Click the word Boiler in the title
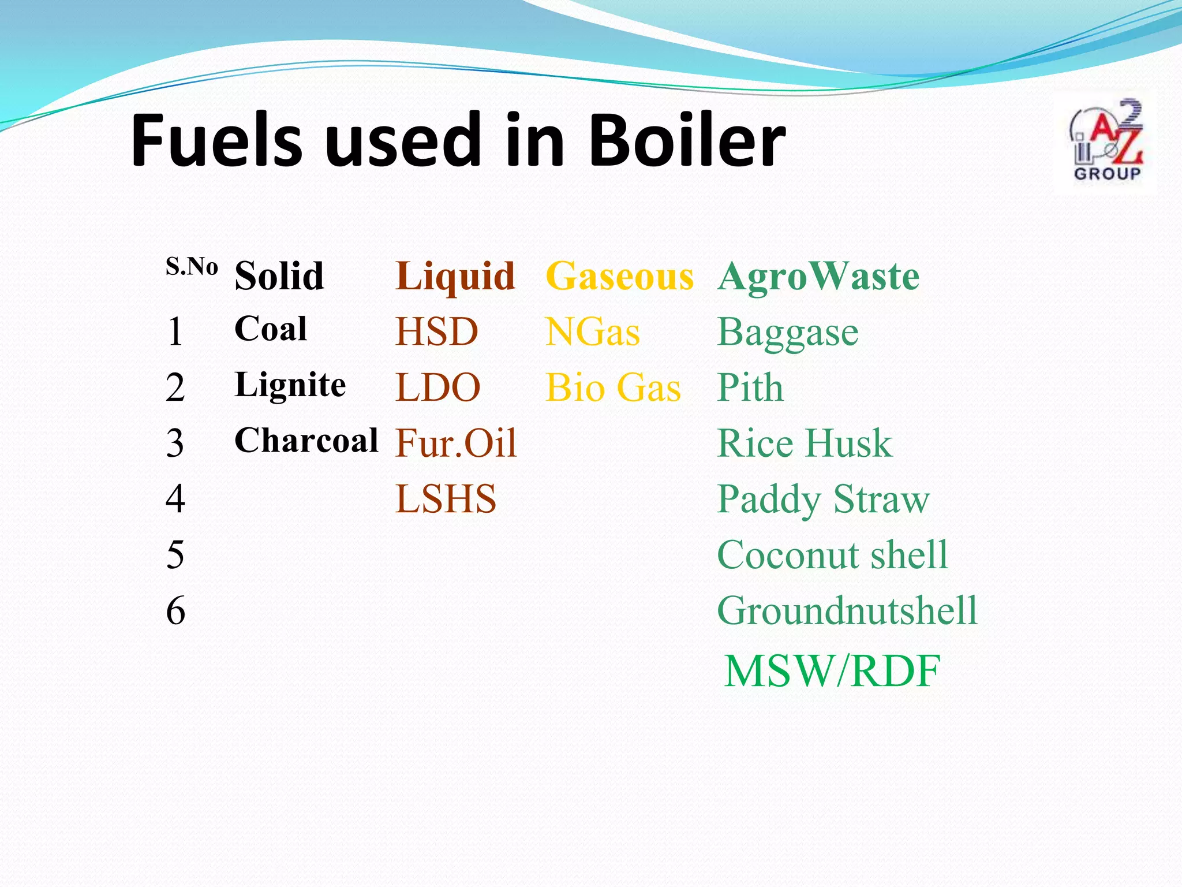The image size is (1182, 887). coord(687,140)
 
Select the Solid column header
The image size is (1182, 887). coord(279,276)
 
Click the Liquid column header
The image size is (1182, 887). coord(455,277)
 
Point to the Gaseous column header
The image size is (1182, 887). coord(619,276)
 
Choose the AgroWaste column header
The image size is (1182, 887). coord(818,276)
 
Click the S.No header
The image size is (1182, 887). coord(192,266)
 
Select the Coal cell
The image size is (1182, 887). coord(271,329)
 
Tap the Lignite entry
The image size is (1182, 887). coord(290,385)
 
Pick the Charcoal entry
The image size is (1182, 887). coord(306,441)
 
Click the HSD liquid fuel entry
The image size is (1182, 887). coord(437,332)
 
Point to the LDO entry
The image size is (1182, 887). coord(438,387)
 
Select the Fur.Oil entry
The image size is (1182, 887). coord(456,443)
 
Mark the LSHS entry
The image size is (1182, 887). coord(446,499)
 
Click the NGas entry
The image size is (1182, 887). coord(593,333)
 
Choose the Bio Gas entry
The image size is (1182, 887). coord(613,387)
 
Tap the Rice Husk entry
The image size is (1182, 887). coord(805,443)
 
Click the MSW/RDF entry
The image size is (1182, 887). coord(832,671)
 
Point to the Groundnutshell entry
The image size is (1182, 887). coord(847,610)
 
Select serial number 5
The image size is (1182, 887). coord(175,555)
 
